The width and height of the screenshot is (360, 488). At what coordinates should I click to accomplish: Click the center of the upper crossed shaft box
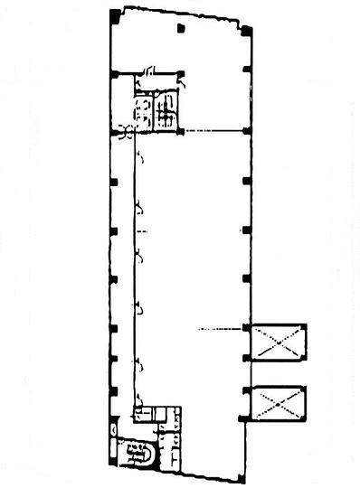pos(279,343)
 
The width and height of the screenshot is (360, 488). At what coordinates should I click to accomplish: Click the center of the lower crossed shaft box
pos(279,403)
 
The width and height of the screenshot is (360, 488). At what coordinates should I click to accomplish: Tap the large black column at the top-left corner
pos(114,16)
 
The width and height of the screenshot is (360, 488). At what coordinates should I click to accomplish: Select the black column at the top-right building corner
pos(246,32)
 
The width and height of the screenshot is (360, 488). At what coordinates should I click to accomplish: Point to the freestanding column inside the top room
pos(181,30)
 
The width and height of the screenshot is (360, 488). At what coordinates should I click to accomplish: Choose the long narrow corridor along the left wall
pos(124,271)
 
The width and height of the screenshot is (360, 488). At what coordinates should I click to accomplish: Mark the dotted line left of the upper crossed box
pos(220,328)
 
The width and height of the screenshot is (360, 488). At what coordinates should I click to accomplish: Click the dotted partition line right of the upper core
pos(213,131)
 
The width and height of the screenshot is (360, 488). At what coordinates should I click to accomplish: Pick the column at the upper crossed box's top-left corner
pos(246,326)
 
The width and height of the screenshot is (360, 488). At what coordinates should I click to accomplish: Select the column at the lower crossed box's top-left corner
pos(246,389)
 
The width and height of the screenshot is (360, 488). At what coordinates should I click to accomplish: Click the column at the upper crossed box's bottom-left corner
pos(246,358)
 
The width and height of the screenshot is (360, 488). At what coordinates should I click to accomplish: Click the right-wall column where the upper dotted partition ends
pos(246,131)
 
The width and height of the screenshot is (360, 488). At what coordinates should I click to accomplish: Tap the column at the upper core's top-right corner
pos(181,73)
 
